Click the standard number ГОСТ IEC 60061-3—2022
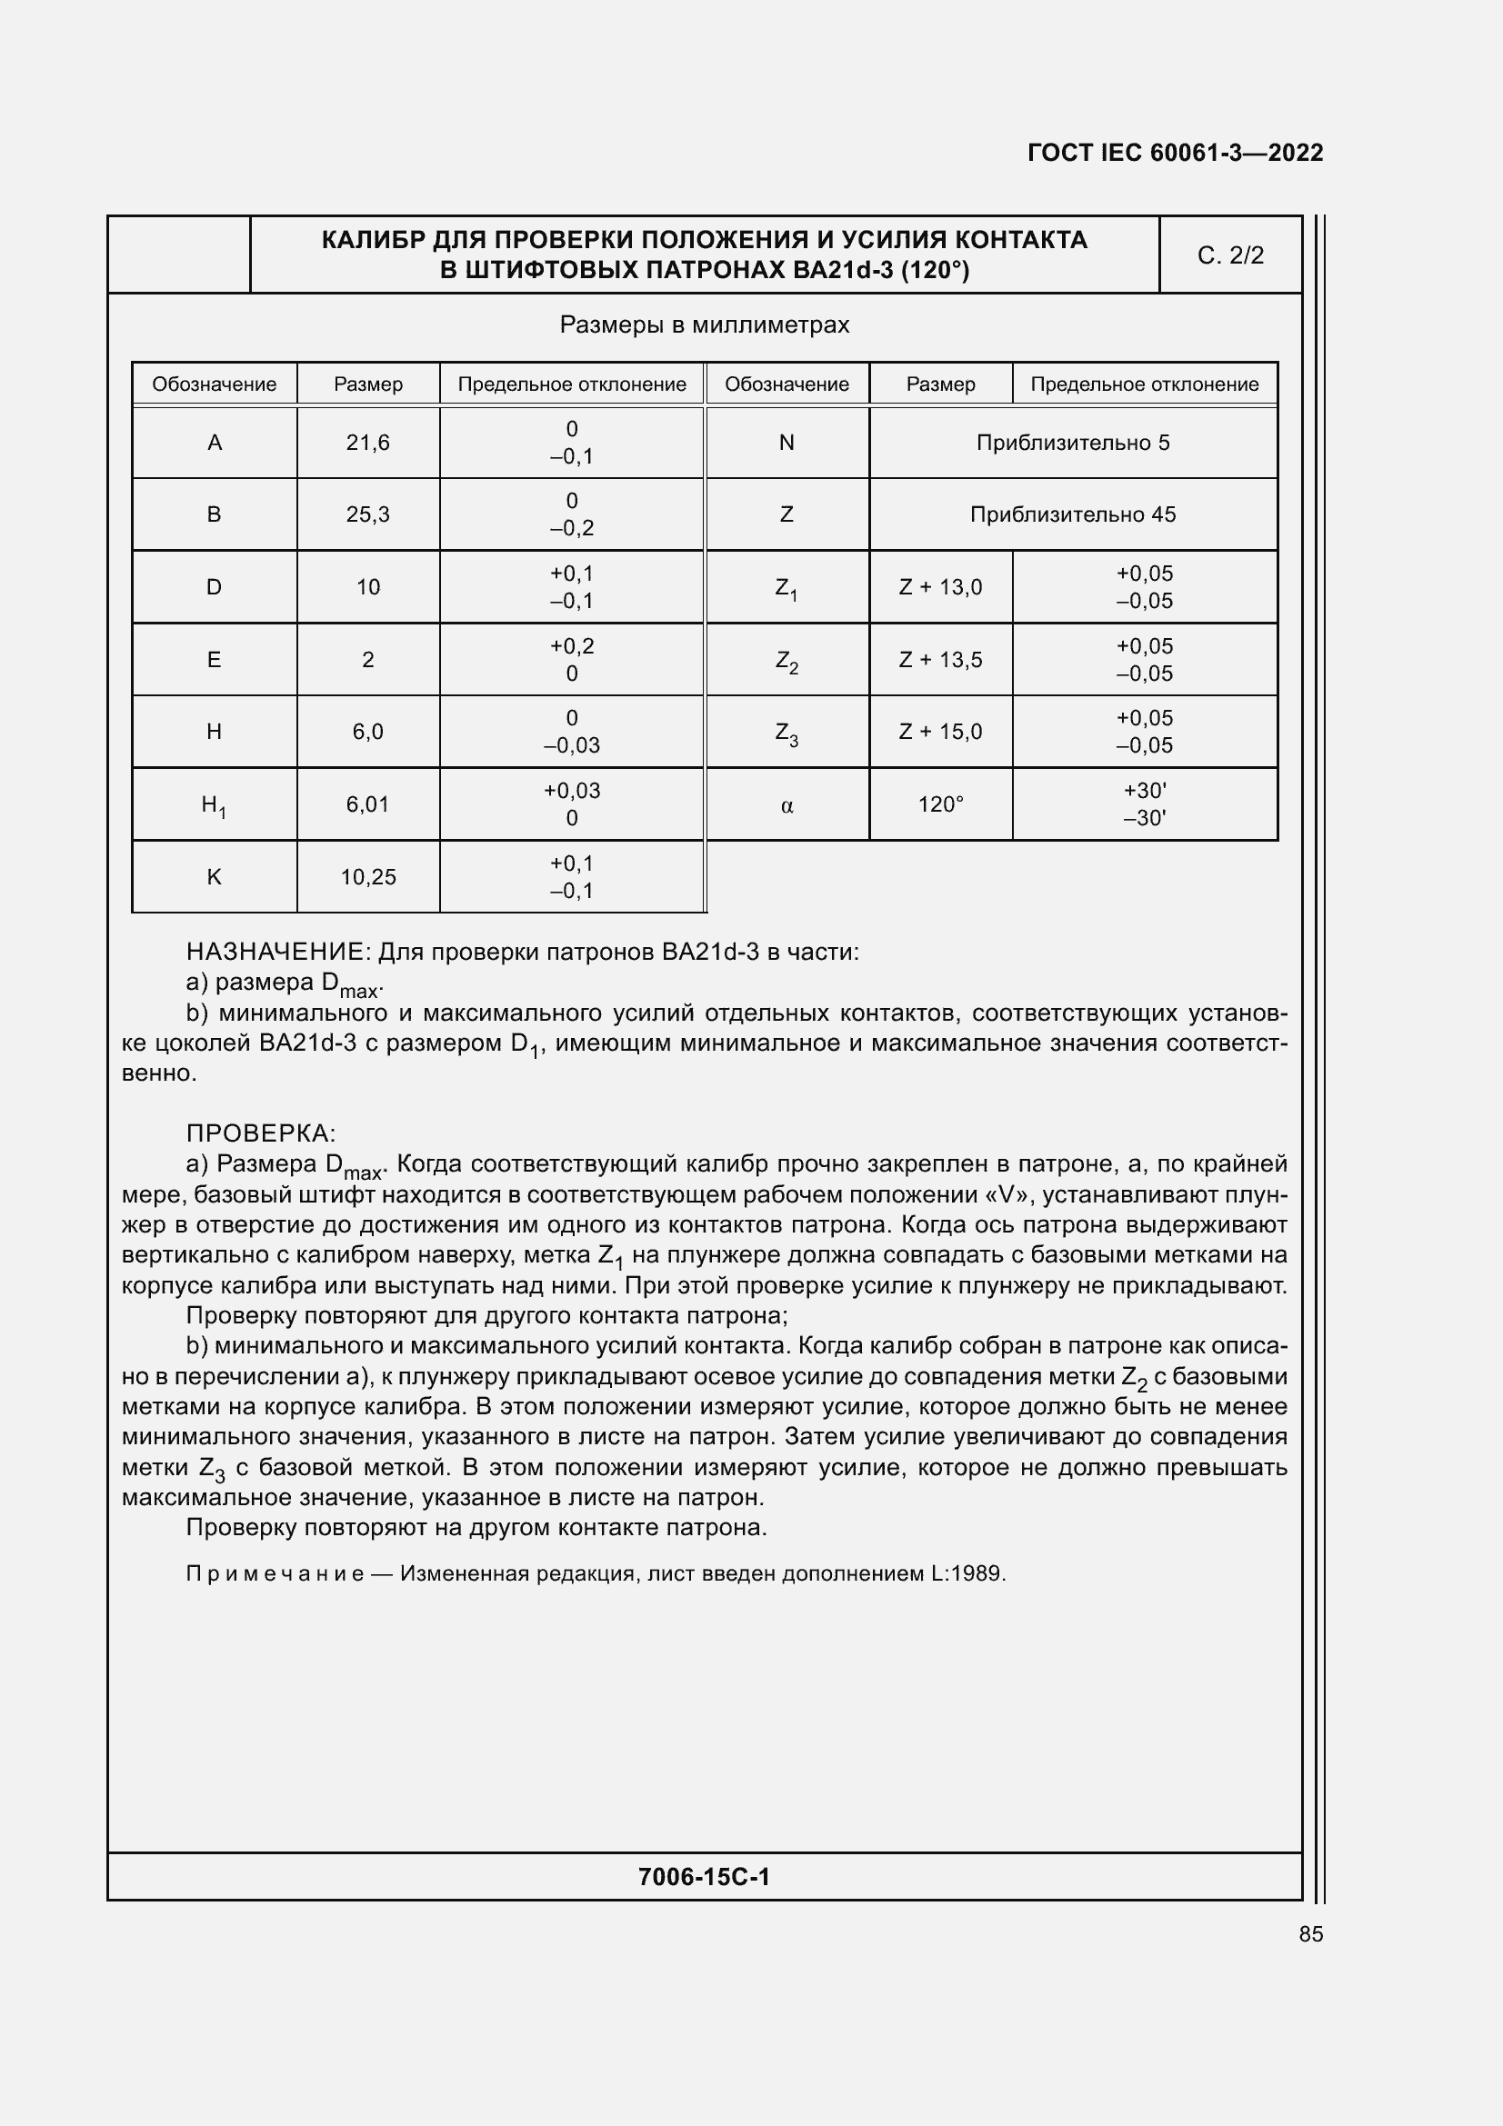coord(1174,153)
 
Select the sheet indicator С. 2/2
coord(1230,255)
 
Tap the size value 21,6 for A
coord(367,443)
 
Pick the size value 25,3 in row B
coord(367,514)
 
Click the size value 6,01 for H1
coord(367,804)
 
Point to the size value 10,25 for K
coord(367,877)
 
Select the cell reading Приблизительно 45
coord(1072,514)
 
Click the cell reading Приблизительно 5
coord(1072,443)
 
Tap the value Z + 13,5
coord(940,660)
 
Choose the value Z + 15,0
coord(940,732)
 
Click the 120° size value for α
coord(940,804)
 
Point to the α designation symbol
coord(787,805)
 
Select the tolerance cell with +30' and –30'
coord(1144,803)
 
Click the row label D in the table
coord(214,587)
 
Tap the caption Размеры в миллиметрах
coord(704,325)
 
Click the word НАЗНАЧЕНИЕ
coord(277,952)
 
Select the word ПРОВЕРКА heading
coord(259,1133)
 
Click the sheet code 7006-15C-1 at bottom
coord(704,1877)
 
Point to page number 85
coord(1310,1934)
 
